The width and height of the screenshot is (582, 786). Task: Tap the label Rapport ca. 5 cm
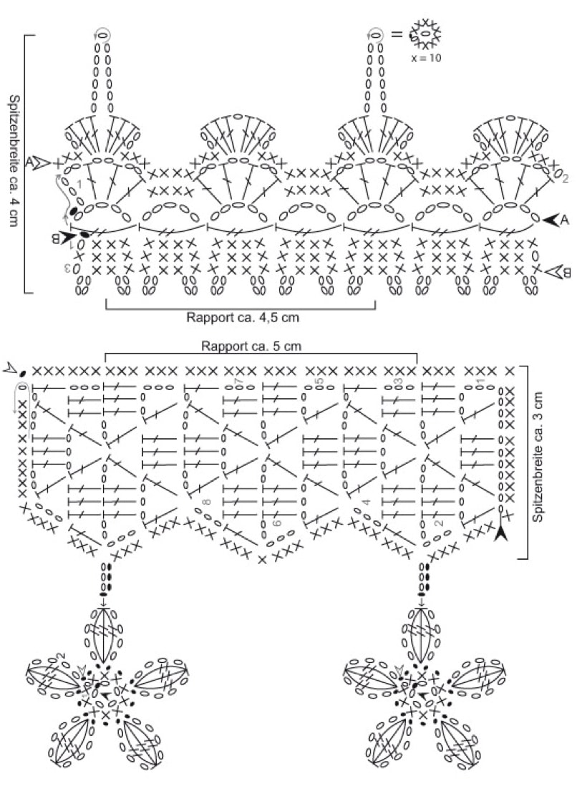point(261,345)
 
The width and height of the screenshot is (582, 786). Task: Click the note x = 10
point(426,58)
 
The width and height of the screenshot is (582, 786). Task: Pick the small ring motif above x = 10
point(426,34)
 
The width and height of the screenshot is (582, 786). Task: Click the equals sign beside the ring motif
point(396,34)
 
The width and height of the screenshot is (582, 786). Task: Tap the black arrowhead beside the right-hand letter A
point(550,221)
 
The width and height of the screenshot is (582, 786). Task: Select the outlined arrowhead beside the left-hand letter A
point(43,162)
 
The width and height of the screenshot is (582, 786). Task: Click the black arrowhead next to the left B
point(69,235)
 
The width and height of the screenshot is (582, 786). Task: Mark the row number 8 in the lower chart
point(207,503)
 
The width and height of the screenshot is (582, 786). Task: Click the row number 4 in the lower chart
point(367,503)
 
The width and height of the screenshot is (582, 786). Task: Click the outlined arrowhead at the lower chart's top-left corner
point(11,369)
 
